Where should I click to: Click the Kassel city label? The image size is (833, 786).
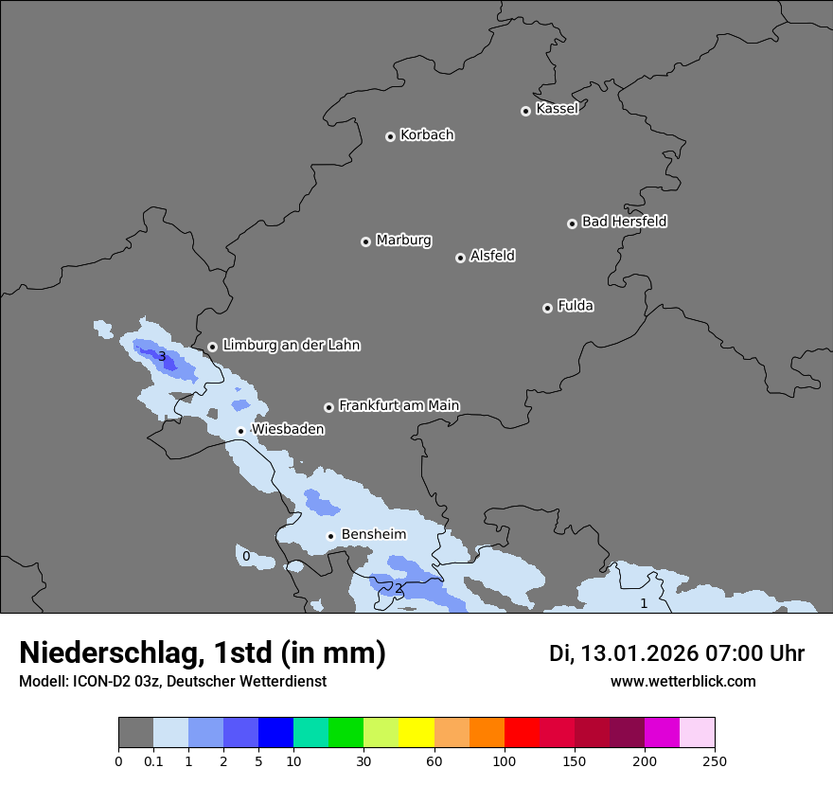tap(557, 109)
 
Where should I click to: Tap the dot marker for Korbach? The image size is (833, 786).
tap(390, 136)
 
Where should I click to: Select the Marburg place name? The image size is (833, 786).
tap(403, 241)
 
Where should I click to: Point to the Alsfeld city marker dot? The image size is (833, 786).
tap(460, 258)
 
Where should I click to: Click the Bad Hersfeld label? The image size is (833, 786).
tap(624, 222)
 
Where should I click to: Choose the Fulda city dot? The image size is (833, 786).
tap(547, 308)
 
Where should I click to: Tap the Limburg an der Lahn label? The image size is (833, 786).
tap(291, 346)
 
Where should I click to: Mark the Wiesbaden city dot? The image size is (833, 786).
tap(240, 431)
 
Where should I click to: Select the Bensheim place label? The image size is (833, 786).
tap(373, 534)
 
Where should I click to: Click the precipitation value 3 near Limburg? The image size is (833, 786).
tap(162, 357)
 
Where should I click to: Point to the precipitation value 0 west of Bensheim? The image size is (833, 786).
tap(246, 556)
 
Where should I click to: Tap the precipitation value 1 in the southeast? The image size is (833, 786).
tap(644, 603)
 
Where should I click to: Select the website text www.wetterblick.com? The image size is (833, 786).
tap(682, 681)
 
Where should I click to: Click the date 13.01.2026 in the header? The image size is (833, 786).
tap(637, 653)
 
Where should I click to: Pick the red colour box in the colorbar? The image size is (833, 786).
tap(522, 733)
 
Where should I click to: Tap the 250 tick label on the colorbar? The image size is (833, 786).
tap(715, 760)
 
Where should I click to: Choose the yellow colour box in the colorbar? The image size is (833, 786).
tap(416, 733)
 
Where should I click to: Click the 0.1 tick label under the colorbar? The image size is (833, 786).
tap(153, 760)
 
